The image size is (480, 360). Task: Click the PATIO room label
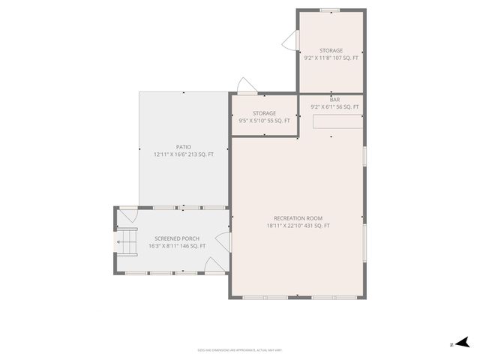[184, 147]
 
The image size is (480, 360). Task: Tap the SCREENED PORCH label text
[161, 238]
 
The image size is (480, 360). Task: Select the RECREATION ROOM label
[298, 218]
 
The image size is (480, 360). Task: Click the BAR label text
[334, 99]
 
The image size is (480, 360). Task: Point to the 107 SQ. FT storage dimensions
[331, 58]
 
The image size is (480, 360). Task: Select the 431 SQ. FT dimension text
[298, 226]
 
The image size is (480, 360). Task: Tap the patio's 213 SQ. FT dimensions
[184, 154]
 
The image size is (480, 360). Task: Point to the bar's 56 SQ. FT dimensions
[334, 107]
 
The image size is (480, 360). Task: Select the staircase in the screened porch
[126, 242]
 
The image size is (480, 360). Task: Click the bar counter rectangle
[337, 121]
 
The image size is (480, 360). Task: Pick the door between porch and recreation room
[223, 242]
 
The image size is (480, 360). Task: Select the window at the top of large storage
[328, 10]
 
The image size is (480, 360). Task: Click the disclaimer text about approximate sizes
[240, 349]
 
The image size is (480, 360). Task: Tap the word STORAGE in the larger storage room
[331, 50]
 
